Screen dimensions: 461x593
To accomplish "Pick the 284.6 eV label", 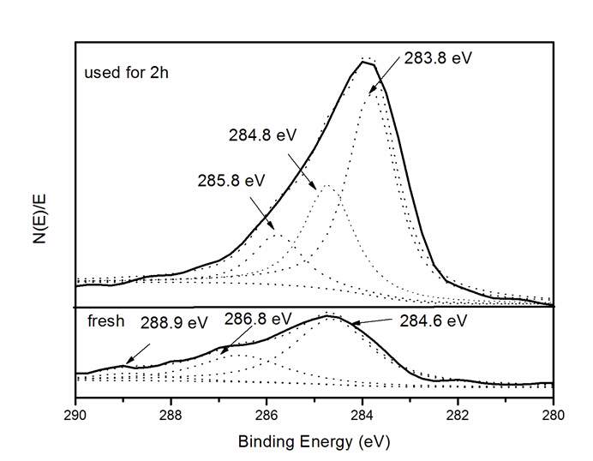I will (433, 321).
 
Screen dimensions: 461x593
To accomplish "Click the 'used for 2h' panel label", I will (126, 72).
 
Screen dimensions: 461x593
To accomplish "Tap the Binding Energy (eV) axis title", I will (314, 443).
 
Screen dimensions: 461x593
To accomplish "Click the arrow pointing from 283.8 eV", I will (386, 74).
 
